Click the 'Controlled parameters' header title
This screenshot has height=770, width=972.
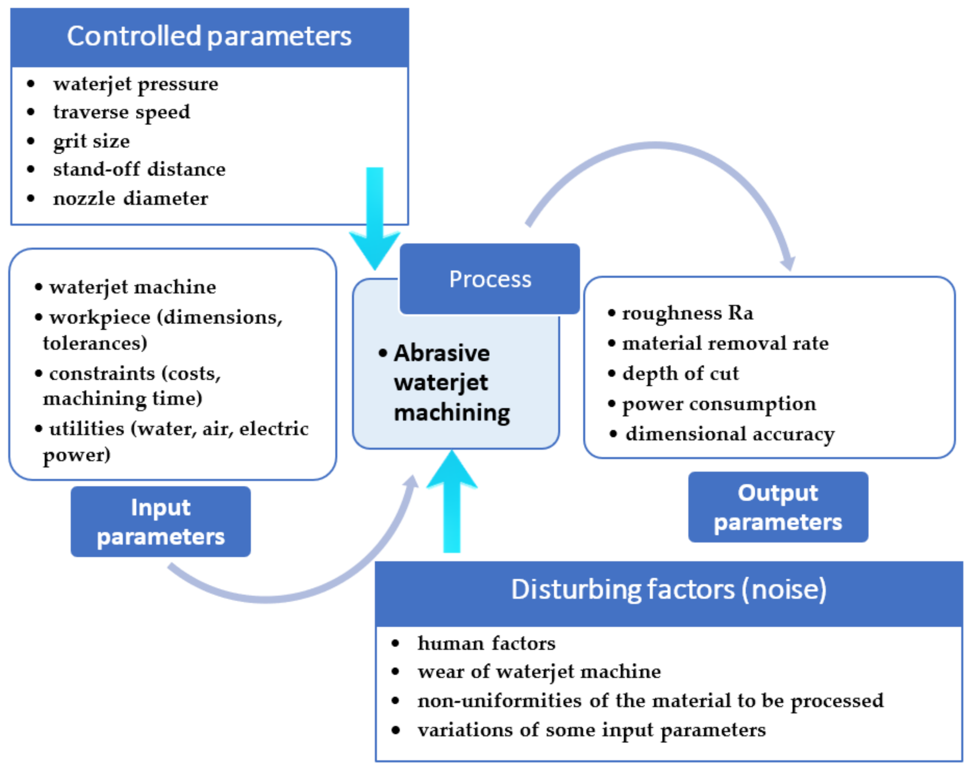click(x=209, y=37)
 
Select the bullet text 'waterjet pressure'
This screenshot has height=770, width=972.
click(x=136, y=84)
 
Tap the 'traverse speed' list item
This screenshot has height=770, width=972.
click(x=121, y=112)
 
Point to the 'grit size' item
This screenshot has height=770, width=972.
click(x=92, y=141)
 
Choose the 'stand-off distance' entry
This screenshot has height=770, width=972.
click(x=139, y=169)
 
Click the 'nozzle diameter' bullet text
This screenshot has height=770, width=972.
click(x=131, y=198)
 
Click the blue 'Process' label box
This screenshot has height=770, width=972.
click(x=490, y=279)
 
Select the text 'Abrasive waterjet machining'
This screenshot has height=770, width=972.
click(x=451, y=383)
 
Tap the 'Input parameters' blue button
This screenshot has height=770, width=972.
click(x=161, y=521)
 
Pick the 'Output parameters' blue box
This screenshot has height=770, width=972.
click(x=778, y=507)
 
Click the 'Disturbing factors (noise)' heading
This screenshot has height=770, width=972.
click(x=669, y=590)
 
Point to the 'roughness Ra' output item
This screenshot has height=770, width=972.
click(x=687, y=313)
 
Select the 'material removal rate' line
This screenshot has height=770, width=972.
click(x=725, y=343)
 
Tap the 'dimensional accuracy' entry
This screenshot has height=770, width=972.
click(x=730, y=434)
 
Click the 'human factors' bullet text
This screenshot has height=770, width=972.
click(x=486, y=643)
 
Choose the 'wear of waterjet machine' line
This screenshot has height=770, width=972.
click(x=539, y=672)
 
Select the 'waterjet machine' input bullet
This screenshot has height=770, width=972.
click(x=133, y=287)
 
